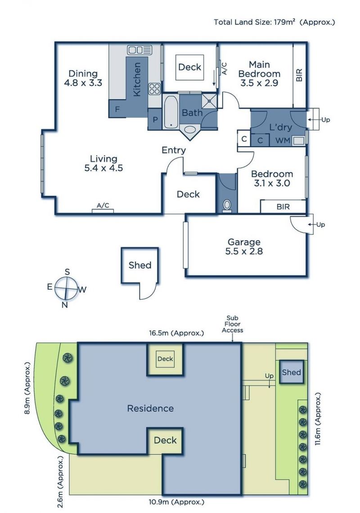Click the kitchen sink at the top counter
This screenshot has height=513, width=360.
tap(140, 50)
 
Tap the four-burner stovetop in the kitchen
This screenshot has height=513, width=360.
tap(154, 89)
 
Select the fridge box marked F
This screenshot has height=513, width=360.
tap(117, 109)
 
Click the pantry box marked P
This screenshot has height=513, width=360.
tap(155, 120)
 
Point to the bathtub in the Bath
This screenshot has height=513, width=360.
tap(171, 112)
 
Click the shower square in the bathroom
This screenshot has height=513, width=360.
tap(209, 101)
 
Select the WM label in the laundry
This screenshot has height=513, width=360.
tap(283, 140)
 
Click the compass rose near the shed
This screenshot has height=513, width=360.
tap(66, 288)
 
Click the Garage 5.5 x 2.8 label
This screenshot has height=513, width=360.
tap(244, 247)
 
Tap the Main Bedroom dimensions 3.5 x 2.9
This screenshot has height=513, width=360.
tap(259, 83)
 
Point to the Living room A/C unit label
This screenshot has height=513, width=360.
tap(103, 206)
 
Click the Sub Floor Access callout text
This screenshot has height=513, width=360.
tap(232, 324)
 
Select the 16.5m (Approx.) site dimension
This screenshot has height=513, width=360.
tap(176, 333)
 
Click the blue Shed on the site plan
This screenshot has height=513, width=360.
tap(291, 372)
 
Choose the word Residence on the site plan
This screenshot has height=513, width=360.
tap(150, 408)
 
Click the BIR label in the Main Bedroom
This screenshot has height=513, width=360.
tap(299, 75)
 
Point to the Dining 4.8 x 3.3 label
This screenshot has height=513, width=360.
tap(83, 78)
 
